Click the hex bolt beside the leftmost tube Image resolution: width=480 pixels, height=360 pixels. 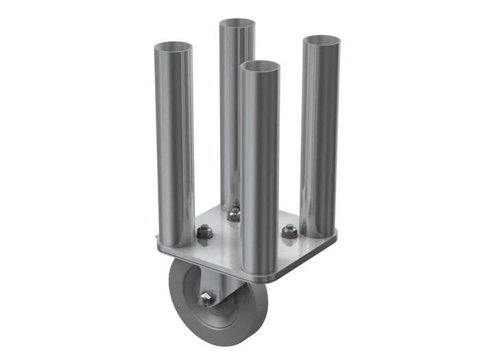[204, 233]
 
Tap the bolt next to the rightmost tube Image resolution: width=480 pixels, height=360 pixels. [288, 232]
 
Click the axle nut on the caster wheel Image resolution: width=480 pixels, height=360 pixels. [206, 299]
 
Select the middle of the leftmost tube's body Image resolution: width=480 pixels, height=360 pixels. [174, 144]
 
